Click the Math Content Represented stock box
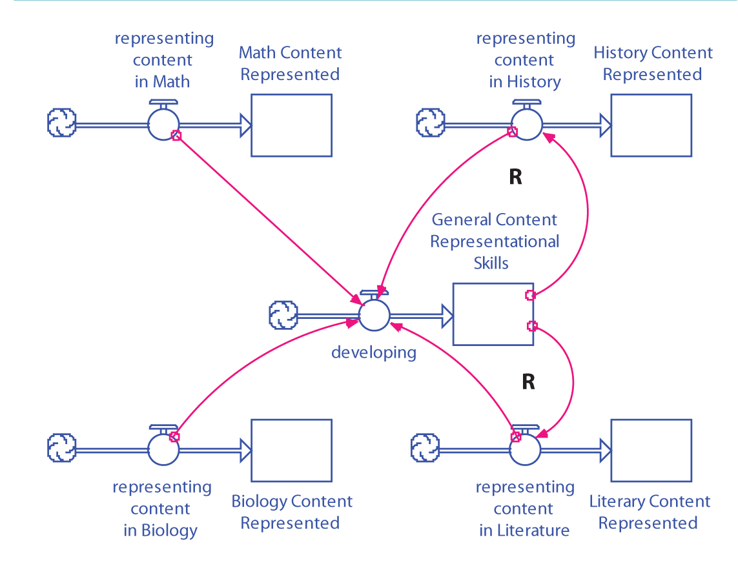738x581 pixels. (291, 125)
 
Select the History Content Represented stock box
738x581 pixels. (651, 125)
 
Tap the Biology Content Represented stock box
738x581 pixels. (291, 450)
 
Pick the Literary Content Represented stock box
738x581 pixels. (651, 450)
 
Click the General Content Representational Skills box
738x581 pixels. (493, 314)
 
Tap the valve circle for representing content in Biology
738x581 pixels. (163, 449)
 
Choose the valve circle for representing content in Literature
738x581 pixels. (525, 449)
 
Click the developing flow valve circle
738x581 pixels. (374, 315)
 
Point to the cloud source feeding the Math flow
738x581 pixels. (62, 123)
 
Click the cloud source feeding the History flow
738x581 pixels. (430, 123)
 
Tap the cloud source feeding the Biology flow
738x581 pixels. (62, 449)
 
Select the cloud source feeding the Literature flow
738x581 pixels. (425, 449)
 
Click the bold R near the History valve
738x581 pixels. (515, 178)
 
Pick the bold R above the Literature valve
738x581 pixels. (528, 382)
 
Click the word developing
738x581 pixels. (373, 352)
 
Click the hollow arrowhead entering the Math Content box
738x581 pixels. (245, 124)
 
